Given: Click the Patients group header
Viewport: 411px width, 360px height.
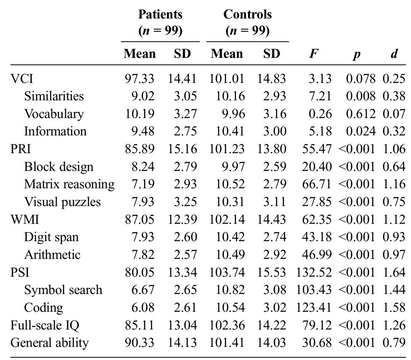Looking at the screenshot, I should [x=160, y=22].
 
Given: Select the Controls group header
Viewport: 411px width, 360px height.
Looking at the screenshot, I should [x=247, y=22].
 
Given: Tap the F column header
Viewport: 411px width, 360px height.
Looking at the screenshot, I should [x=313, y=54].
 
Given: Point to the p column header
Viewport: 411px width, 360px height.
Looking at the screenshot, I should [x=357, y=54].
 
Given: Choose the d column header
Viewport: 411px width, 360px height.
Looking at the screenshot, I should [x=394, y=54].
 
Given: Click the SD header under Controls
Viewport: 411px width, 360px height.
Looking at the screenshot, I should [x=272, y=54].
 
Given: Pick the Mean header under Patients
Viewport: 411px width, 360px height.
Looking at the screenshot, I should [x=139, y=54].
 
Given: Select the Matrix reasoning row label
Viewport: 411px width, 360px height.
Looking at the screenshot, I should [x=69, y=184].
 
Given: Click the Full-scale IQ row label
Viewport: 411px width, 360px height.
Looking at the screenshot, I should [x=45, y=325].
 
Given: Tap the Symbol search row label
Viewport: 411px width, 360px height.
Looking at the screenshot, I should [x=63, y=290].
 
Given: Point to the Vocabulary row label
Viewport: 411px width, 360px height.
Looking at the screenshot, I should [x=54, y=114].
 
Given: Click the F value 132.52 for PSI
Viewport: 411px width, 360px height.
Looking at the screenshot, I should [x=314, y=272].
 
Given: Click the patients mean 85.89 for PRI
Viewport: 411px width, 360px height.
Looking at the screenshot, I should [x=139, y=149].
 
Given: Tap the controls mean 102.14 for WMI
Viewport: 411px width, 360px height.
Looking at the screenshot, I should [x=227, y=220].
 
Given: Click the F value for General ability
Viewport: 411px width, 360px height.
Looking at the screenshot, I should [x=317, y=343].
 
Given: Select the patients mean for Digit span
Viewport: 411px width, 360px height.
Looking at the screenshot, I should [x=143, y=237].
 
